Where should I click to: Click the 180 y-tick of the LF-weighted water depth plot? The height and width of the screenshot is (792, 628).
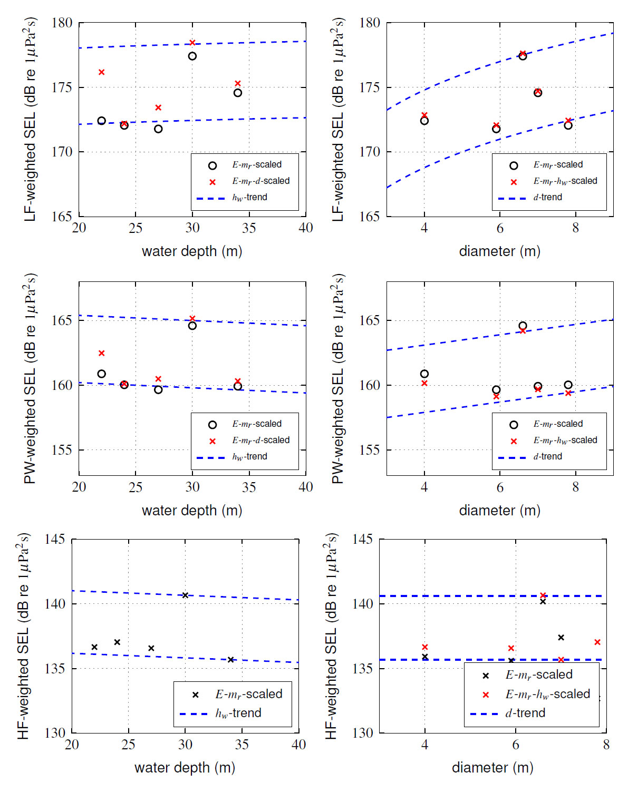pos(62,23)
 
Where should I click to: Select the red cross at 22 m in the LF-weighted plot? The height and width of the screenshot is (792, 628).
pos(101,72)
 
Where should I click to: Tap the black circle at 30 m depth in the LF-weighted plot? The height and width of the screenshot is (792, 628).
pos(192,56)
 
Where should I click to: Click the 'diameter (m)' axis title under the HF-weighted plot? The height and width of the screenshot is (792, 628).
pos(492,767)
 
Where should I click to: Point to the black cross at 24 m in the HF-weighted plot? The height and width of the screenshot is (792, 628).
pos(117,642)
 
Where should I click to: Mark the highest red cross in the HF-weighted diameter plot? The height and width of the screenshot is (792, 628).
pos(543,595)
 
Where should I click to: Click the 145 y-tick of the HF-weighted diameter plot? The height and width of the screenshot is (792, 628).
pos(362,539)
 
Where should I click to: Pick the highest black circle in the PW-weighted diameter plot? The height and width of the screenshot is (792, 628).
pos(523,326)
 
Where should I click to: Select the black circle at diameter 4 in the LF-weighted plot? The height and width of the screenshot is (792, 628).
pos(424,121)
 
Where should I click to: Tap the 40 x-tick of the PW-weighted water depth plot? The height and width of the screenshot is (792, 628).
pos(306,487)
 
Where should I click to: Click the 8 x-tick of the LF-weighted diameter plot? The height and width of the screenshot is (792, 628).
pos(575,228)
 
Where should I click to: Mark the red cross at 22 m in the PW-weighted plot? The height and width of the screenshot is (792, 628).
pos(101,353)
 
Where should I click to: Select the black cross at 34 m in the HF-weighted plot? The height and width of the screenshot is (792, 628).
pos(230,660)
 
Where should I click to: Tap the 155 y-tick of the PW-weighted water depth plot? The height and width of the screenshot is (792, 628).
pos(62,450)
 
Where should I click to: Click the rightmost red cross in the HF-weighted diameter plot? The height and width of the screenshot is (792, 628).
pos(597,642)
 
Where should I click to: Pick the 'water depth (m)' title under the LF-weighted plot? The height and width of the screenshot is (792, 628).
pos(192,251)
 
